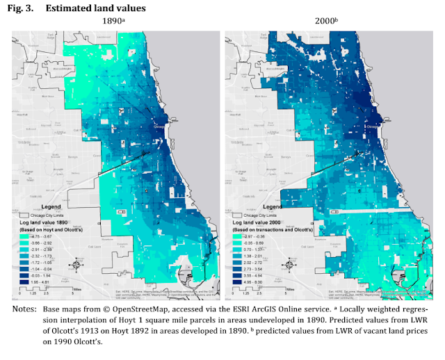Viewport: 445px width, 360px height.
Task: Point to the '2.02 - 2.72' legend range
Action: (x=263, y=263)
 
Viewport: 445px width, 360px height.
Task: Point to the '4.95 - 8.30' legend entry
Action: (x=263, y=281)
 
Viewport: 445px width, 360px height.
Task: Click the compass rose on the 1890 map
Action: (x=76, y=265)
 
